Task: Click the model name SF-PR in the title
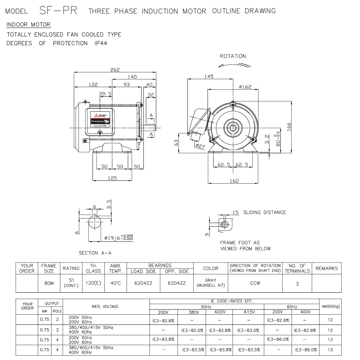coord(58,10)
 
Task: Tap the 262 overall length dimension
coord(115,69)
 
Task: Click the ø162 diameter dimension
coord(245,87)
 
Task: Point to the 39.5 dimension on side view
coord(105,94)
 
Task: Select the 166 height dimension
coord(289,127)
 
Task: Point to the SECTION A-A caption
coord(95,253)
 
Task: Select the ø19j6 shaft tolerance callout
coord(118,238)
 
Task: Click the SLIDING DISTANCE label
coord(264,212)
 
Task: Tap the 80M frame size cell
coord(49,283)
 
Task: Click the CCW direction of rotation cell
coord(255,283)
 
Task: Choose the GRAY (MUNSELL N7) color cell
coord(211,283)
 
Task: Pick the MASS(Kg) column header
coord(330,306)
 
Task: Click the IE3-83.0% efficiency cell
coord(248,330)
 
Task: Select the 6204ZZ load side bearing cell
coord(143,283)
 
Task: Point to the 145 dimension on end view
coord(209,76)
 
